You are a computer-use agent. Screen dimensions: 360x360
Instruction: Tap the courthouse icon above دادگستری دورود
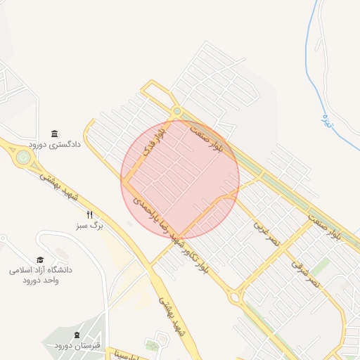[x=55, y=134]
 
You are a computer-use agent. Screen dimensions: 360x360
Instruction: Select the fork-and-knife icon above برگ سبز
[x=89, y=215]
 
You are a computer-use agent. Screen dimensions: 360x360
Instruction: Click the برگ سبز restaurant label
[x=90, y=226]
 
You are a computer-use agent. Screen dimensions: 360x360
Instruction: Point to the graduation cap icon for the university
[x=40, y=259]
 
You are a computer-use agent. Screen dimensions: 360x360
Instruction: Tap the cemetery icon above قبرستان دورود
[x=77, y=335]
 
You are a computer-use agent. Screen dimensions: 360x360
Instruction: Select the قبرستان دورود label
[x=77, y=345]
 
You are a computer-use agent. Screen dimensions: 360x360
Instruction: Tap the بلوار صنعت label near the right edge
[x=333, y=226]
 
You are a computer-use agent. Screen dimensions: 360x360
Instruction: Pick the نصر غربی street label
[x=266, y=233]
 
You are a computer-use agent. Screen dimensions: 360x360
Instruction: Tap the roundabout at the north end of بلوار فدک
[x=176, y=111]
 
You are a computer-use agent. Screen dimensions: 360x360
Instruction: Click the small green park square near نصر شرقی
[x=321, y=266]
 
